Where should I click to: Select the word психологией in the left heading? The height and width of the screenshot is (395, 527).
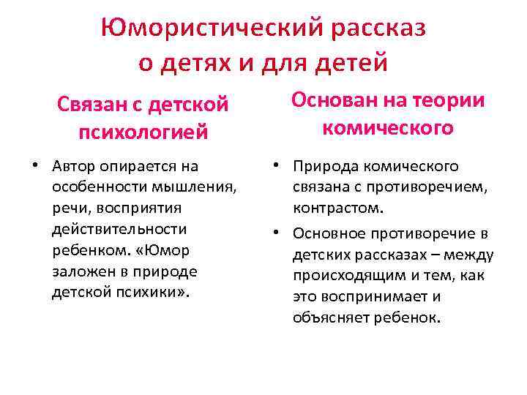point(143,132)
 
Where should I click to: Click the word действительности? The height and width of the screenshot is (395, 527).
point(119,230)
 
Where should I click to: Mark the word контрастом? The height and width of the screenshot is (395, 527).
point(337,208)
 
